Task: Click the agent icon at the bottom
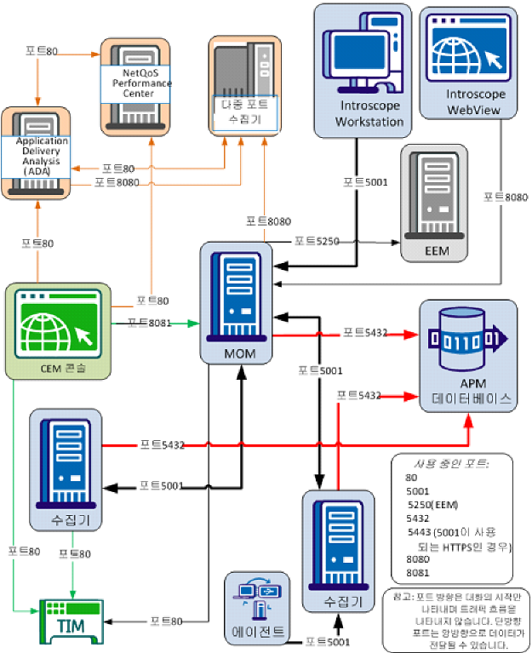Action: tap(260, 599)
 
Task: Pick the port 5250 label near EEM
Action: tap(317, 241)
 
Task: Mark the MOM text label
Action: tap(234, 350)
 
